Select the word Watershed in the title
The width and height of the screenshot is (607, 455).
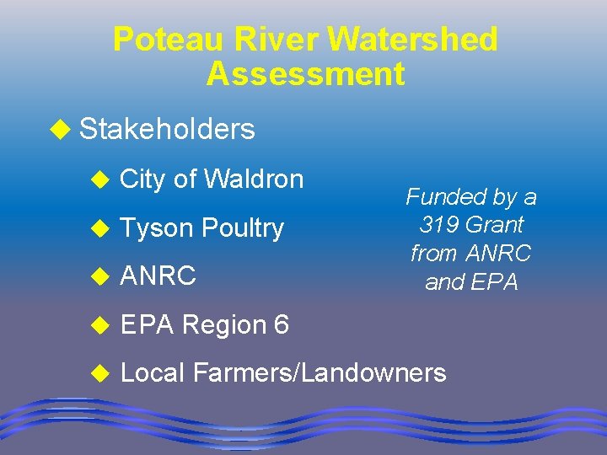(412, 40)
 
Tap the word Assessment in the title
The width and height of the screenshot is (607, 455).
(305, 74)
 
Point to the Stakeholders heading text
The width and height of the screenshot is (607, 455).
(166, 129)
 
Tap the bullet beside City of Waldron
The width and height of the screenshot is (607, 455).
(100, 179)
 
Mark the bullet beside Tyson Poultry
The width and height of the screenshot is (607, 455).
(100, 228)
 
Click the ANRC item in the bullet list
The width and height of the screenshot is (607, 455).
(158, 275)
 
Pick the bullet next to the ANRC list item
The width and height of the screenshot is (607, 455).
(100, 276)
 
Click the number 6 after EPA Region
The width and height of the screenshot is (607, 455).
(280, 324)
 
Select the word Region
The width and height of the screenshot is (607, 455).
(222, 324)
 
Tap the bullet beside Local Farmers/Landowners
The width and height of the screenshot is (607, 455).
(100, 373)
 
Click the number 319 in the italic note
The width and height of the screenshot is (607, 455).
(439, 225)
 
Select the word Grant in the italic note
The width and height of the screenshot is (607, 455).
(494, 225)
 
